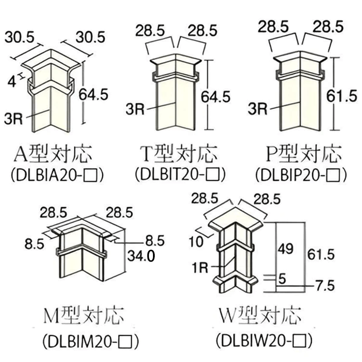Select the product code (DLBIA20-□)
tap(54, 174)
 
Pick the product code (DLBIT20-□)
tap(180, 174)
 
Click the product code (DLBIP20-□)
tap(301, 174)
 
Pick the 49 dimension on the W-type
tap(285, 248)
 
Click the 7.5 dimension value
tap(325, 286)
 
